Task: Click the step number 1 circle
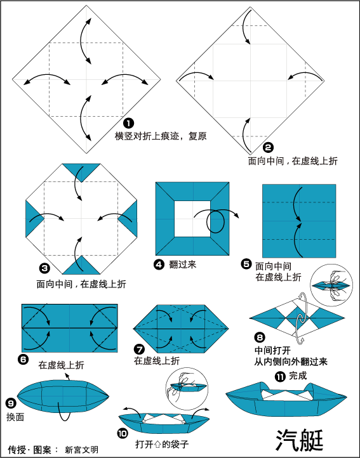[129, 123]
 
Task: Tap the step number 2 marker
[268, 147]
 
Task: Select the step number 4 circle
[159, 265]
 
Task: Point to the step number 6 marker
[23, 359]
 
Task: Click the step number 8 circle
[260, 337]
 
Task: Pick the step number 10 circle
[123, 433]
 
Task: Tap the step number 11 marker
[280, 377]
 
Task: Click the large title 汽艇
[300, 440]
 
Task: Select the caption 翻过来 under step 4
[182, 265]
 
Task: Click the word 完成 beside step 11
[298, 376]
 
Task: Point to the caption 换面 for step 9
[15, 417]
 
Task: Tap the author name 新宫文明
[82, 450]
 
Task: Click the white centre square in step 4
[192, 218]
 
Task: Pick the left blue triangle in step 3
[34, 218]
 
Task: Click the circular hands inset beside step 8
[331, 285]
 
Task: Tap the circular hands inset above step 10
[187, 389]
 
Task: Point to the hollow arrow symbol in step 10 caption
[157, 445]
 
